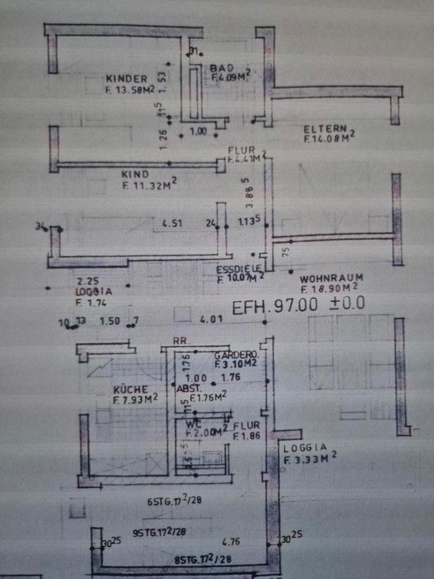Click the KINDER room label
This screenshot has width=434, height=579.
[127, 78]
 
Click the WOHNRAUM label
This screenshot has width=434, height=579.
[329, 280]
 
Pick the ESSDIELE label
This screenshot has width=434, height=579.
[239, 270]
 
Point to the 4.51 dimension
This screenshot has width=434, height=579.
[172, 224]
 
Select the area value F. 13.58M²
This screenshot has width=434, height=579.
[130, 90]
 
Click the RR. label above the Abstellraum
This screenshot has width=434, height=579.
[181, 341]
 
